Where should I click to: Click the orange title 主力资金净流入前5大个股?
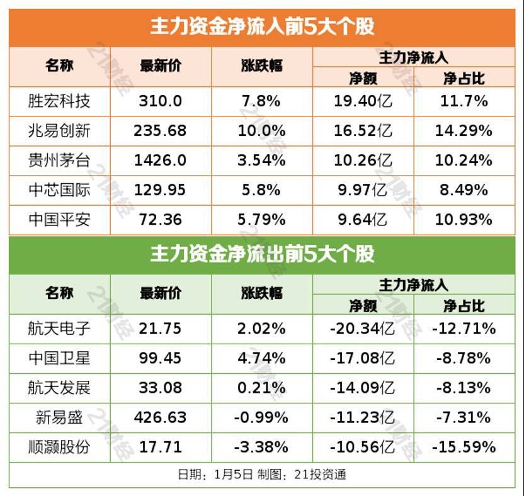[x=262, y=26]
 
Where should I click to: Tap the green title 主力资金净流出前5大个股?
[x=262, y=254]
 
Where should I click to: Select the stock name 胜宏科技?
[x=59, y=101]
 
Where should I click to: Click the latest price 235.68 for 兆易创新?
[x=160, y=130]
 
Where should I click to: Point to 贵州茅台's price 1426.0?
[x=160, y=160]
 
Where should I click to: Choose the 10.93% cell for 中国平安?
[x=464, y=220]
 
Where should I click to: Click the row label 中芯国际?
[x=59, y=189]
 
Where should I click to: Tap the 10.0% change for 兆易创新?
[x=261, y=130]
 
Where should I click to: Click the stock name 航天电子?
[x=59, y=328]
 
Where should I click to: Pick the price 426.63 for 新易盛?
[x=160, y=417]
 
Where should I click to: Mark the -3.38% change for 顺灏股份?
[x=261, y=447]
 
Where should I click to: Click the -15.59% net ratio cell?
[x=464, y=447]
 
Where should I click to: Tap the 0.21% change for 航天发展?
[x=261, y=388]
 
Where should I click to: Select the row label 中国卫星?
[x=59, y=358]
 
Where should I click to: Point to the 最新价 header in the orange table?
[x=160, y=66]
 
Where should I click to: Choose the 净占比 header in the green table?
[x=464, y=306]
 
